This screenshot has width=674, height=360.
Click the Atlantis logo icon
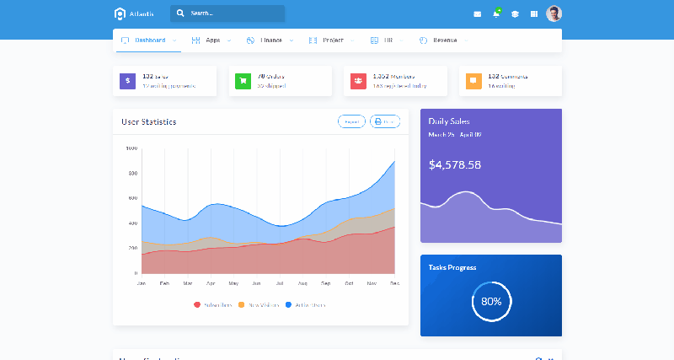pyautogui.click(x=120, y=13)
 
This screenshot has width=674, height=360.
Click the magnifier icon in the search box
pyautogui.click(x=180, y=13)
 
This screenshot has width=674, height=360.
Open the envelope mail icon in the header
pyautogui.click(x=478, y=14)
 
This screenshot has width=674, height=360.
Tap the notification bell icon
pyautogui.click(x=496, y=14)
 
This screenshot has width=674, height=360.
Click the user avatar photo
pyautogui.click(x=554, y=13)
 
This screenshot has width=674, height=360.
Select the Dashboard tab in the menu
pyautogui.click(x=149, y=40)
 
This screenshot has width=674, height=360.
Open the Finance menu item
pyautogui.click(x=270, y=40)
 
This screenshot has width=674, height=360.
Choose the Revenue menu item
pyautogui.click(x=445, y=40)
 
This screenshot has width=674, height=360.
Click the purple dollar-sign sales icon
pyautogui.click(x=127, y=81)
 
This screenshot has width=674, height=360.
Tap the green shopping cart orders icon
pyautogui.click(x=243, y=81)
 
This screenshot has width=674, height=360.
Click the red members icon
pyautogui.click(x=358, y=81)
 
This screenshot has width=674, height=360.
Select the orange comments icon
pyautogui.click(x=473, y=81)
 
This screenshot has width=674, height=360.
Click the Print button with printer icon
pyautogui.click(x=384, y=121)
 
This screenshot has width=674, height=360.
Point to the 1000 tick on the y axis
pyautogui.click(x=131, y=148)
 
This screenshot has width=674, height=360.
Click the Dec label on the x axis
pyautogui.click(x=394, y=283)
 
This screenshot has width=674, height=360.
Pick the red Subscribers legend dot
pyautogui.click(x=197, y=304)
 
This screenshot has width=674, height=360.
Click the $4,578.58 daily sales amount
pyautogui.click(x=455, y=164)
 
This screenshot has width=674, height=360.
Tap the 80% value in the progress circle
pyautogui.click(x=491, y=301)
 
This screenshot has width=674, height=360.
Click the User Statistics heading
pyautogui.click(x=148, y=121)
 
